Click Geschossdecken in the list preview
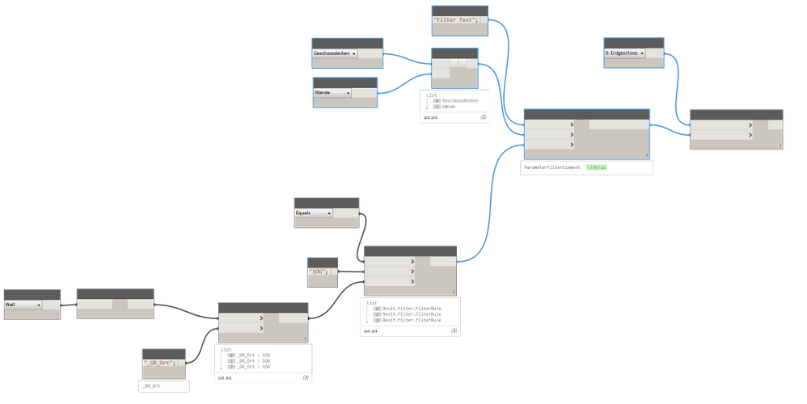460,101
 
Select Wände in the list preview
450,107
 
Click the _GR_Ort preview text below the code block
151,387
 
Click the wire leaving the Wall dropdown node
68,305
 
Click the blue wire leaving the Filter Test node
505,48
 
